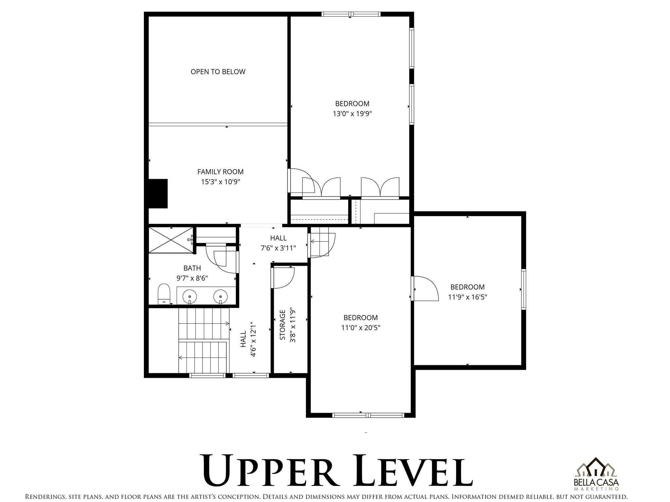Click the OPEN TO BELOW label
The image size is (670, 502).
point(218,72)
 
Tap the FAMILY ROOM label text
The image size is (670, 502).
point(220,172)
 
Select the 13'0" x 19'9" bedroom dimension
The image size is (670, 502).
point(352,114)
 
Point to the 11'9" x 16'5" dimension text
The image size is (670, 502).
point(467,297)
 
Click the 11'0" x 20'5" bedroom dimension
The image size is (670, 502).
point(361,327)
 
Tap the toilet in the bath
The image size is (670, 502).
point(164,293)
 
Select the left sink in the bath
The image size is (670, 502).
point(190,297)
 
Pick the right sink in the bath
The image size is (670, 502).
point(220,297)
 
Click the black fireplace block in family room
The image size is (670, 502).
point(158,193)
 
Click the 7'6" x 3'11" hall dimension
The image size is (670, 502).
point(278,248)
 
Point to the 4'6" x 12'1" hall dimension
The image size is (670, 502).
point(253,339)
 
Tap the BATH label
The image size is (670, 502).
point(192,268)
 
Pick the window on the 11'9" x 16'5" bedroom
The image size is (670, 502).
point(523,289)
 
